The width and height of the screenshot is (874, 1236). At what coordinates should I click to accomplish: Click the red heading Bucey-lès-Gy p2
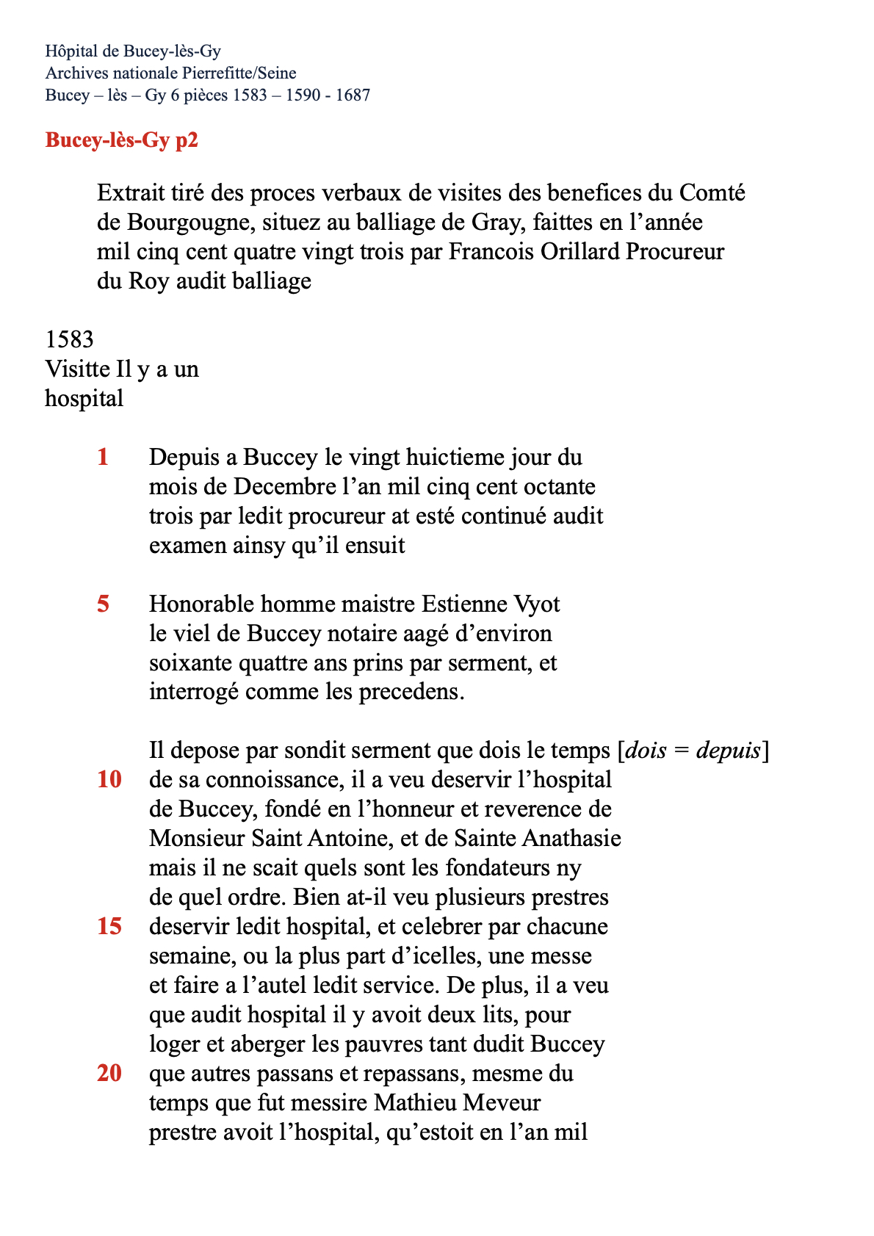pos(122,140)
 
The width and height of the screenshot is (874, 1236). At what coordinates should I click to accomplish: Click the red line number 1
pos(103,457)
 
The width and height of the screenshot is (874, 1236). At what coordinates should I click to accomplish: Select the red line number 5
pos(104,604)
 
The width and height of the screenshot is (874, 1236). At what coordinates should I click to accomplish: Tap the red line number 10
pos(109,779)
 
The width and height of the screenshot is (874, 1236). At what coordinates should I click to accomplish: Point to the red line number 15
pos(109,926)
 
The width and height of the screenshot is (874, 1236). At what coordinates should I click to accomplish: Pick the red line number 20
pos(109,1073)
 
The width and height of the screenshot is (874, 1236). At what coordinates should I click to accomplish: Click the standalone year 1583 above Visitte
pos(70,339)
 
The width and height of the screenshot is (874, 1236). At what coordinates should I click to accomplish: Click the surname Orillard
pos(580,251)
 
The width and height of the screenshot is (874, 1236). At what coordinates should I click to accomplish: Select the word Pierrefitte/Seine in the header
pos(239,73)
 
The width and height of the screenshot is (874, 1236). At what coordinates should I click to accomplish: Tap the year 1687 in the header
pos(353,95)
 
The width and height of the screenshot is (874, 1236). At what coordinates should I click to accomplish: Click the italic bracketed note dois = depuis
pos(693,751)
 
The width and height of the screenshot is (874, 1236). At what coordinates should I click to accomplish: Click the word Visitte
pos(76,369)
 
